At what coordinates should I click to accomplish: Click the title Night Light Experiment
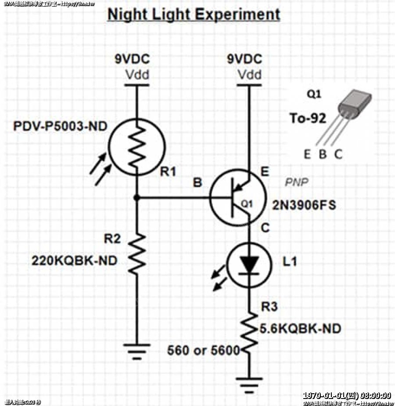pyautogui.click(x=194, y=14)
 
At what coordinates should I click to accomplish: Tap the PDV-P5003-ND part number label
pyautogui.click(x=60, y=127)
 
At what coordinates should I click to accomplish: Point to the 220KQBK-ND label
pyautogui.click(x=74, y=261)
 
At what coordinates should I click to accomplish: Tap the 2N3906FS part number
pyautogui.click(x=304, y=205)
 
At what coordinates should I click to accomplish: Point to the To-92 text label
pyautogui.click(x=308, y=118)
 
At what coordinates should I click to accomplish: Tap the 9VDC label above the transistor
pyautogui.click(x=244, y=59)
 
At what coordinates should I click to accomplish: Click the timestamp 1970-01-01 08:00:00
pyautogui.click(x=347, y=395)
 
